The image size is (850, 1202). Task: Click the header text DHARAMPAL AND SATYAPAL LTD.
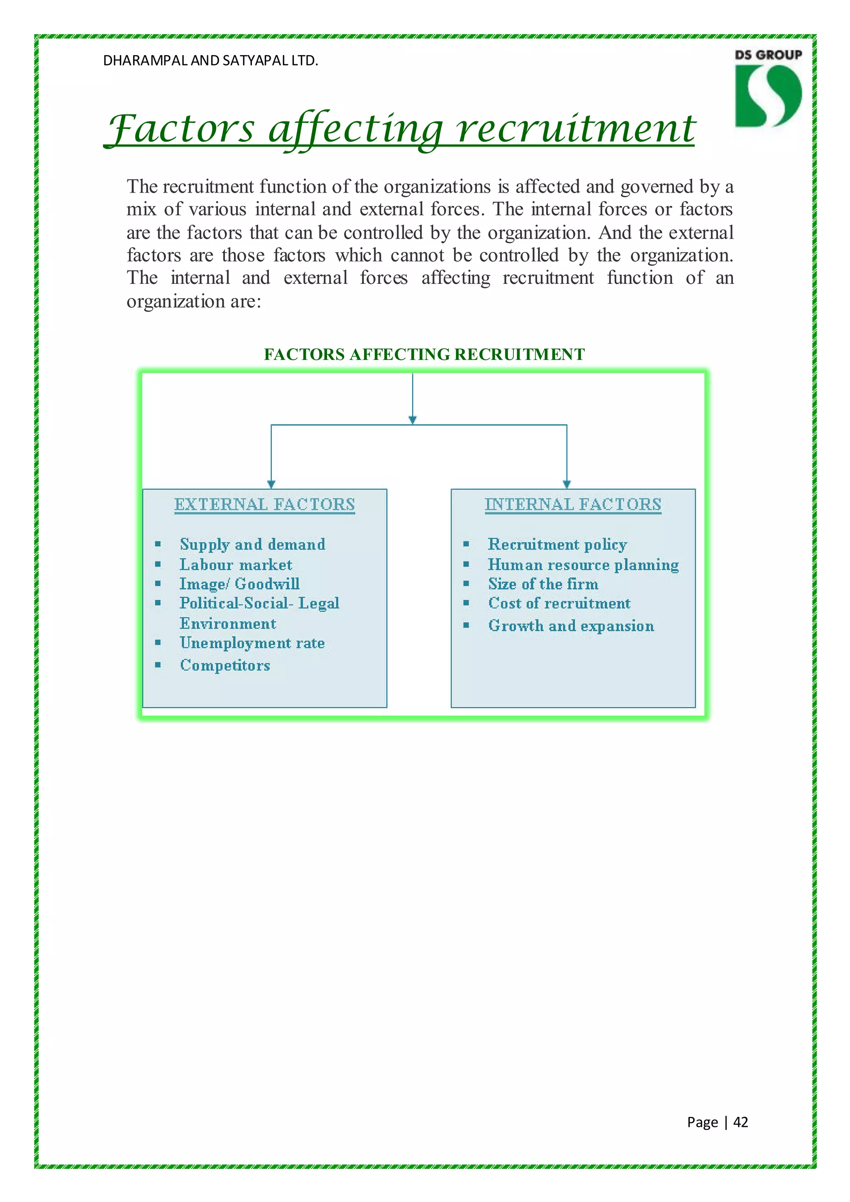point(210,61)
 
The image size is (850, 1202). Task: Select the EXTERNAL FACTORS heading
point(264,504)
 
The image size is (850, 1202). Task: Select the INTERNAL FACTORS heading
point(573,504)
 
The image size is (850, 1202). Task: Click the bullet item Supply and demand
point(252,545)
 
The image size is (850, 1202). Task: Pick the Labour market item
point(235,564)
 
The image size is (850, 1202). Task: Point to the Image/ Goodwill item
point(239,584)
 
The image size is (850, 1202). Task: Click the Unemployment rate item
point(252,643)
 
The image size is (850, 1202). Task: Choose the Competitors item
point(225,665)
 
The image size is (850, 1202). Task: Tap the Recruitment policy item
point(557,545)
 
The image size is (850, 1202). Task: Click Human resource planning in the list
point(583,564)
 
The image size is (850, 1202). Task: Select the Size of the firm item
point(543,584)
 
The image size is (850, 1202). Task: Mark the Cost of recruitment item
point(559,603)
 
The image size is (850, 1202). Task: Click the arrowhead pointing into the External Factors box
point(271,484)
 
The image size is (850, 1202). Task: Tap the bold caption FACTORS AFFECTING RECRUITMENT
point(424,354)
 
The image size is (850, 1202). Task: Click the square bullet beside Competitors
point(158,665)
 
